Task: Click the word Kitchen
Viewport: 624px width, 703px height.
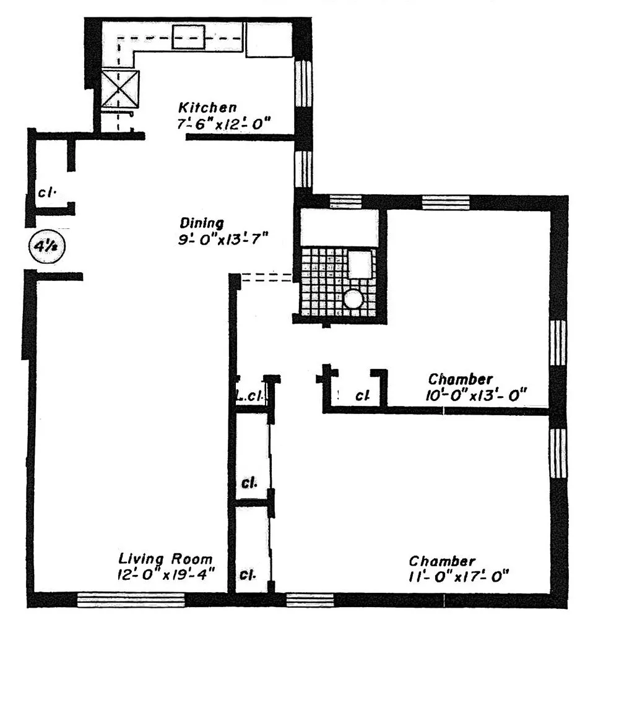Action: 207,108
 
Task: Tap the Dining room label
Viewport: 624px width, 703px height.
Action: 202,223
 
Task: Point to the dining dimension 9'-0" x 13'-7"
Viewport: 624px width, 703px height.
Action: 222,239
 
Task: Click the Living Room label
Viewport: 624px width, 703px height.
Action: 165,559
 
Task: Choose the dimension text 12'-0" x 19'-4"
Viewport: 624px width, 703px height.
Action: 166,574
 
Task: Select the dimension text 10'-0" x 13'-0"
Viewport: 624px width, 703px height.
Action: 477,395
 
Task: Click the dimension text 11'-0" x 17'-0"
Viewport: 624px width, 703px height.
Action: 458,577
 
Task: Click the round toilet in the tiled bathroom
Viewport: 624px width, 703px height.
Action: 353,300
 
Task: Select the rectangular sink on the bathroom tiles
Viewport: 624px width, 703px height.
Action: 360,264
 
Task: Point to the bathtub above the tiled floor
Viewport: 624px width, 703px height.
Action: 339,228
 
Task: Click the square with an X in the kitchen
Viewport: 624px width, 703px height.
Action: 120,89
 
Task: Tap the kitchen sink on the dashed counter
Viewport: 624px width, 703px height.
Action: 188,37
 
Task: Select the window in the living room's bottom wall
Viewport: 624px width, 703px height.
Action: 131,599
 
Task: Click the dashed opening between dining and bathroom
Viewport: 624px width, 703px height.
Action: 267,278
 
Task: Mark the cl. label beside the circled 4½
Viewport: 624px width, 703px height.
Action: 47,192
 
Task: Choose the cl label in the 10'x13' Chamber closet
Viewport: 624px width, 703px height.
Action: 362,395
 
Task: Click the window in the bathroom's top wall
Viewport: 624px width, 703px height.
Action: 345,201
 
